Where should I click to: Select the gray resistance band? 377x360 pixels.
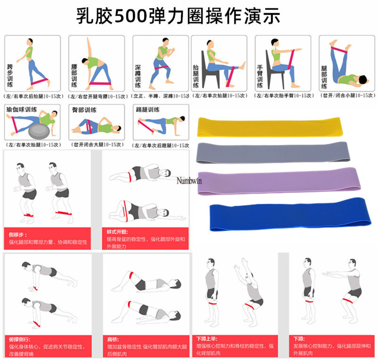click(275, 152)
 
